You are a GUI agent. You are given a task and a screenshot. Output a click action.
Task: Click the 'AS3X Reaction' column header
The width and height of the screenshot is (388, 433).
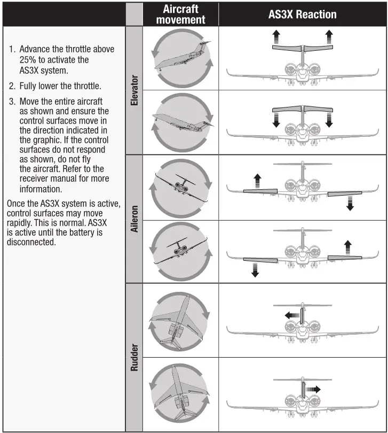[302, 14]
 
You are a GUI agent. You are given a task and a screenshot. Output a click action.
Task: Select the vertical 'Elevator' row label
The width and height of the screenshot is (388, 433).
[134, 90]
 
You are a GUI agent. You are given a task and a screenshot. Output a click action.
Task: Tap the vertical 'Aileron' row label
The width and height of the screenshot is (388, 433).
[134, 219]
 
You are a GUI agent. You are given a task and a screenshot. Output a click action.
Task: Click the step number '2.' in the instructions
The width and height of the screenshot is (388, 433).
[12, 86]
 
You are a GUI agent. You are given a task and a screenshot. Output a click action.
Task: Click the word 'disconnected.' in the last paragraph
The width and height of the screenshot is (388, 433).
[31, 242]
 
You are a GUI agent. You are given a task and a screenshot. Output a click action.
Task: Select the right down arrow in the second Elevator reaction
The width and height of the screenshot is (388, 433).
[329, 119]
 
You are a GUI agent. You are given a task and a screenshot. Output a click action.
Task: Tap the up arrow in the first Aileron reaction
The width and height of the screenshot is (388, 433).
[257, 180]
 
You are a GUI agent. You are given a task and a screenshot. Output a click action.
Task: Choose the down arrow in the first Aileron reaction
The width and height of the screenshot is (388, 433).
[350, 203]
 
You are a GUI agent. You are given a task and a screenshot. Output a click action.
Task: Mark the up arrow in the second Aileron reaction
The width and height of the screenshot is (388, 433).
[348, 248]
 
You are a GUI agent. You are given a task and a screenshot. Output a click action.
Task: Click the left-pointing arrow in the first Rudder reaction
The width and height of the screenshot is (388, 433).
[291, 315]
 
